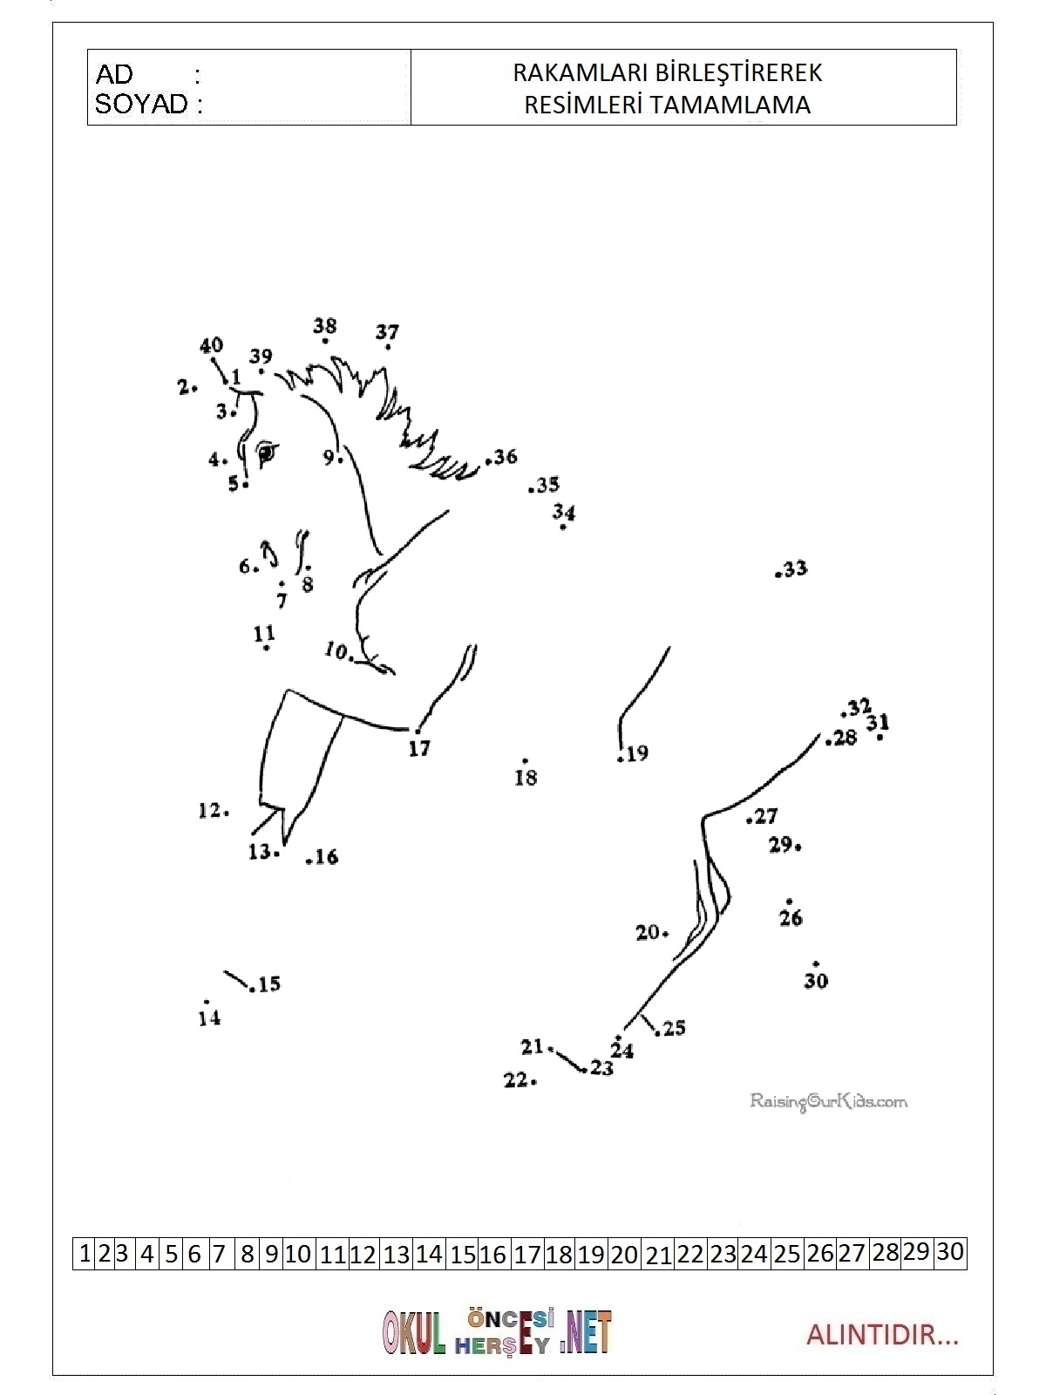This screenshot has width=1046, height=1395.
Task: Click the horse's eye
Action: [265, 453]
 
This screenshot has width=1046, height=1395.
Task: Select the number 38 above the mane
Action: [325, 326]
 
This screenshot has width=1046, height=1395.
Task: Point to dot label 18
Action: [526, 777]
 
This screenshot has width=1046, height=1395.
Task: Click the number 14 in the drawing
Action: [209, 1017]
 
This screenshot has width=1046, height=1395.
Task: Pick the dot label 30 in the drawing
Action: [816, 981]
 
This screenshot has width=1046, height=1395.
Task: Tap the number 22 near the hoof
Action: [515, 1079]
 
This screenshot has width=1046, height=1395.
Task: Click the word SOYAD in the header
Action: [141, 105]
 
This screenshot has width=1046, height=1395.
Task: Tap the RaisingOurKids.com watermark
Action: [828, 1101]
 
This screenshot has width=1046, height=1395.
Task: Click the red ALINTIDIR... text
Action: [881, 1335]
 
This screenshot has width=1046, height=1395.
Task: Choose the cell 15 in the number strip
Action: [463, 1255]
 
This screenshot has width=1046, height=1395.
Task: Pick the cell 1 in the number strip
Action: [85, 1254]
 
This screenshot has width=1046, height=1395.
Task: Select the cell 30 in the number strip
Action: [950, 1252]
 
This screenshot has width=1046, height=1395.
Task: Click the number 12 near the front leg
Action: [209, 811]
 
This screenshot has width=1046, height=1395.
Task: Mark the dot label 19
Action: [637, 753]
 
